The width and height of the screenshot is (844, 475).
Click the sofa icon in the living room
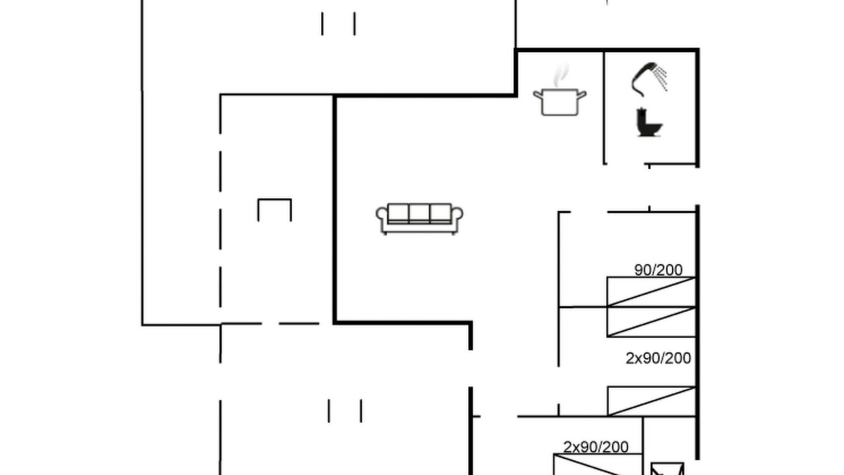coord(419,219)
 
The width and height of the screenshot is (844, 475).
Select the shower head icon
coord(649,79)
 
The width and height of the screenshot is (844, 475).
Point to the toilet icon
coord(649,122)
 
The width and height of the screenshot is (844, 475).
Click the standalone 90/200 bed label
coord(658,270)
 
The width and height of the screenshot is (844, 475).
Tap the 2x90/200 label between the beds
coord(658,358)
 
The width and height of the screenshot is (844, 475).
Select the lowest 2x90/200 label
coord(595,447)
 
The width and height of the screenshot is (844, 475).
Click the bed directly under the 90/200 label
coord(651,292)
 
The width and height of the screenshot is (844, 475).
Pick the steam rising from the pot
coord(560,75)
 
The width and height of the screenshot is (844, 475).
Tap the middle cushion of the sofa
coord(419,212)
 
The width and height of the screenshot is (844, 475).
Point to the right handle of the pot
coord(582,94)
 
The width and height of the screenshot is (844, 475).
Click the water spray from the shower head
coord(661,77)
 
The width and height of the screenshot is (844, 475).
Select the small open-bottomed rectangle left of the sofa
coord(275,199)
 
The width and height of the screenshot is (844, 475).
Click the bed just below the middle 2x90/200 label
coord(651,401)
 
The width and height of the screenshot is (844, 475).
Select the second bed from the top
coord(651,321)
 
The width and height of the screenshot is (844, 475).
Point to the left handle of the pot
coord(537,94)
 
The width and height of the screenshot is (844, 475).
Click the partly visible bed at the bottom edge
coord(597,464)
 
